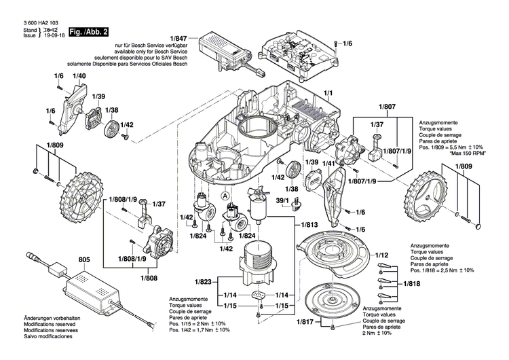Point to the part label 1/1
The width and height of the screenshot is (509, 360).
coord(328,92)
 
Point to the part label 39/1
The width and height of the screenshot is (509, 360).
coord(283,201)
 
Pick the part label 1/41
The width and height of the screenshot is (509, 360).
coord(328,164)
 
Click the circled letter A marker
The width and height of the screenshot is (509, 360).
coord(224,192)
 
